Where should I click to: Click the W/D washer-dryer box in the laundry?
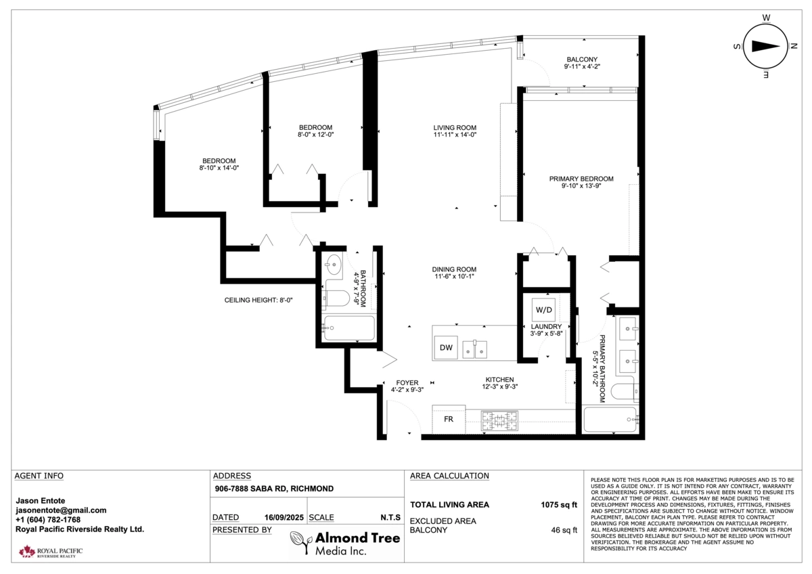(x=543, y=309)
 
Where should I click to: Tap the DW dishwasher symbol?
(x=446, y=347)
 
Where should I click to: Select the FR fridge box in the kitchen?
(x=449, y=419)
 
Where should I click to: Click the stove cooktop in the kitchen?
(x=499, y=420)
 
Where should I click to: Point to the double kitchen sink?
(x=474, y=349)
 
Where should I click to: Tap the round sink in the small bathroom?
(x=333, y=265)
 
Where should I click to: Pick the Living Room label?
(x=455, y=128)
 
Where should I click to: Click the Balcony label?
(x=582, y=59)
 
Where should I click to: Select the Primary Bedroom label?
(x=581, y=179)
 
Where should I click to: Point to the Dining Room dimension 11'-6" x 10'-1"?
(x=454, y=276)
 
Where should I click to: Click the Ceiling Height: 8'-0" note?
(x=258, y=301)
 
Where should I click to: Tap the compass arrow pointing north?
(x=765, y=47)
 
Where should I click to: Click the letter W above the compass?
(x=766, y=18)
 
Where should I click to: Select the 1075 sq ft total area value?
(x=559, y=505)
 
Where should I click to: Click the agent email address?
(x=61, y=510)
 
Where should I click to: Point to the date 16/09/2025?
(x=284, y=517)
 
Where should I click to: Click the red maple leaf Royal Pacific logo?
(x=27, y=551)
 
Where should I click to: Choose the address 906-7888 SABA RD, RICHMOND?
(x=274, y=489)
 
